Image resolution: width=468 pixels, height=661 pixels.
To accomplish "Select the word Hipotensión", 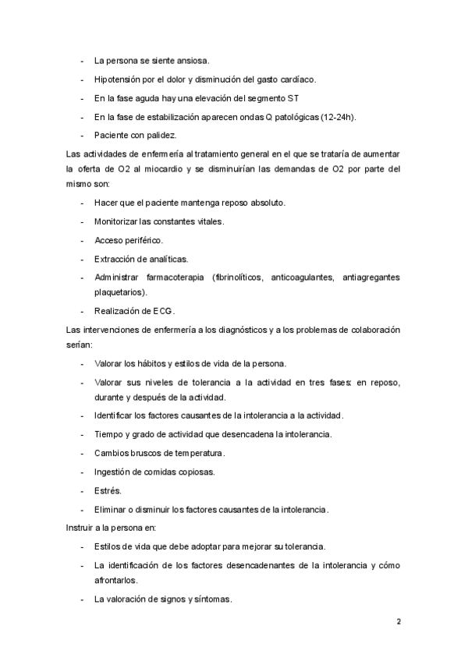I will coord(119,80).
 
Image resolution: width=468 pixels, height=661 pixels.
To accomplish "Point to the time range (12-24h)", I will coord(332,117).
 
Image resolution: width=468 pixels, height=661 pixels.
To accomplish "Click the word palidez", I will coord(161,136).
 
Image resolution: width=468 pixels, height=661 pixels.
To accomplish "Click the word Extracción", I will coord(117,259).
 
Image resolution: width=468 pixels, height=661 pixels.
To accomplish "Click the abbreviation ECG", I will coord(163,311).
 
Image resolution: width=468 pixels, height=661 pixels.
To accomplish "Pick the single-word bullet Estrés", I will coord(108,491).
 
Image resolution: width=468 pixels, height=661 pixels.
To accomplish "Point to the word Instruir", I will coord(81,528).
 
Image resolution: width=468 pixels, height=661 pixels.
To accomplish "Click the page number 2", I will coord(399,622).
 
